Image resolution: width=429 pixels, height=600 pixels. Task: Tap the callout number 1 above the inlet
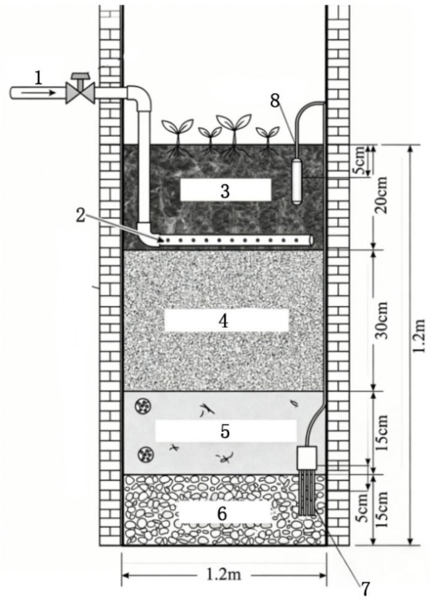(38, 78)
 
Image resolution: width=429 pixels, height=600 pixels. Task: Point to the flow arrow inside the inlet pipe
(37, 92)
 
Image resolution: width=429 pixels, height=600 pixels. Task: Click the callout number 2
(80, 215)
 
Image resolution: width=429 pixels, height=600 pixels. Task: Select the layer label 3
(225, 191)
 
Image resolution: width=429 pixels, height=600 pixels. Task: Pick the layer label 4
(223, 320)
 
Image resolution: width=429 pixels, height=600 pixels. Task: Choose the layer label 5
(225, 431)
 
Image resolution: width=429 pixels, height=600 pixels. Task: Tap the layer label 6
(222, 514)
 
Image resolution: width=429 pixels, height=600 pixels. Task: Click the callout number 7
(366, 589)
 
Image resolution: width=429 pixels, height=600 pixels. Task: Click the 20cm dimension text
(380, 195)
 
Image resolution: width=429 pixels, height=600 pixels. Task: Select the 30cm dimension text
(380, 320)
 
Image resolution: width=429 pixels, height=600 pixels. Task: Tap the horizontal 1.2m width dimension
(224, 574)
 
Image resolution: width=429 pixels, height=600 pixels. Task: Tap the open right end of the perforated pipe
(312, 240)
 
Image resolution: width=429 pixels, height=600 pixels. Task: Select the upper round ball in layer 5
(144, 406)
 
